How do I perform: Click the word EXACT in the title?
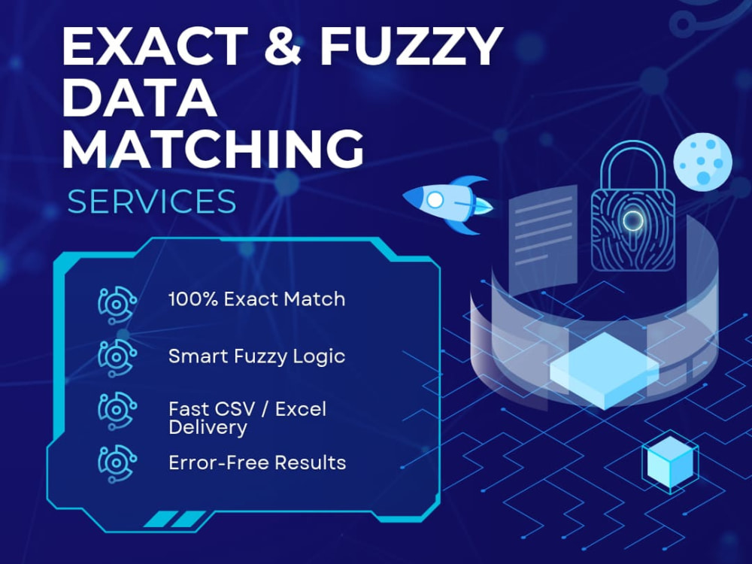pyautogui.click(x=155, y=46)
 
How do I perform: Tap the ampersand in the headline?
pyautogui.click(x=283, y=46)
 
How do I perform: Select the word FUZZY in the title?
pyautogui.click(x=411, y=46)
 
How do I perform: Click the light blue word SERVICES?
pyautogui.click(x=152, y=202)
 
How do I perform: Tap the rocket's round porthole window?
pyautogui.click(x=435, y=199)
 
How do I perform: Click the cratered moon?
pyautogui.click(x=702, y=162)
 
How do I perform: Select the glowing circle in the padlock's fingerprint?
pyautogui.click(x=632, y=220)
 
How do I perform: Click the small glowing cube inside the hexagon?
pyautogui.click(x=670, y=462)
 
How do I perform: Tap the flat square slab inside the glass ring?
pyautogui.click(x=604, y=370)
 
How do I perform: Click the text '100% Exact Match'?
pyautogui.click(x=257, y=299)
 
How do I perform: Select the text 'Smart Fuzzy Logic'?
pyautogui.click(x=257, y=356)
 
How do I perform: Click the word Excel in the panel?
pyautogui.click(x=301, y=409)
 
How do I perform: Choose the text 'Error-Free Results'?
pyautogui.click(x=257, y=462)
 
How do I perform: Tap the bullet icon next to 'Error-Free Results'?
pyautogui.click(x=117, y=464)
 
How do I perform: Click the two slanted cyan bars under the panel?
pyautogui.click(x=175, y=520)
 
